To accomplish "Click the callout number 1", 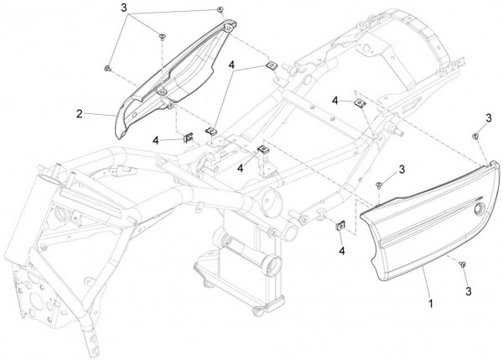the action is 431,303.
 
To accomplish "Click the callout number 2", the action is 80,113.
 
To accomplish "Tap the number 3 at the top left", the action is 124,8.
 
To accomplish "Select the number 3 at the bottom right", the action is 469,291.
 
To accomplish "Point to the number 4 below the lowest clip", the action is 342,251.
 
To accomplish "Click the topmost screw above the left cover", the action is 220,9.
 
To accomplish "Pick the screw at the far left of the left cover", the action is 107,68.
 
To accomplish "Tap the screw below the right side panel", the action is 463,264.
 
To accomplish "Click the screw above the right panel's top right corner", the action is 475,136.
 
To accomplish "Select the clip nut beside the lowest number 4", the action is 340,226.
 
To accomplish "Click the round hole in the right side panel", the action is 479,209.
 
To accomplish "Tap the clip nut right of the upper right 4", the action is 360,103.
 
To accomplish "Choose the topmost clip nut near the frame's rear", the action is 272,65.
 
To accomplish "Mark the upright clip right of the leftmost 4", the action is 188,138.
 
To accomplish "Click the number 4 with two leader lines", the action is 231,65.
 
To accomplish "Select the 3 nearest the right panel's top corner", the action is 489,117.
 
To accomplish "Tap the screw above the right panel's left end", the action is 379,185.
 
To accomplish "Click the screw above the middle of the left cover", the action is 162,36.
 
